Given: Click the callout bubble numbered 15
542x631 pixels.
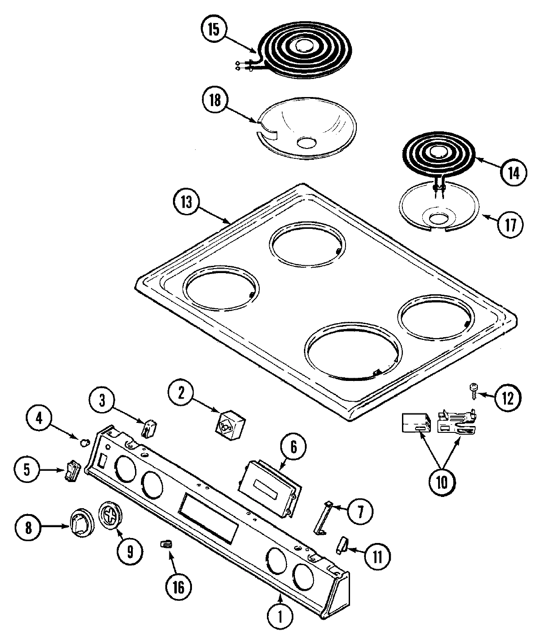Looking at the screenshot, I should (x=214, y=30).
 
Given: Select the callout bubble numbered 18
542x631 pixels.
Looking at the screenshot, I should (x=214, y=100).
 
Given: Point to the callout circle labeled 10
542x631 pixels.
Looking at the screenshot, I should (x=441, y=482).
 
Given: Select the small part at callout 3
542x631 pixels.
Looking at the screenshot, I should (x=149, y=428).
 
